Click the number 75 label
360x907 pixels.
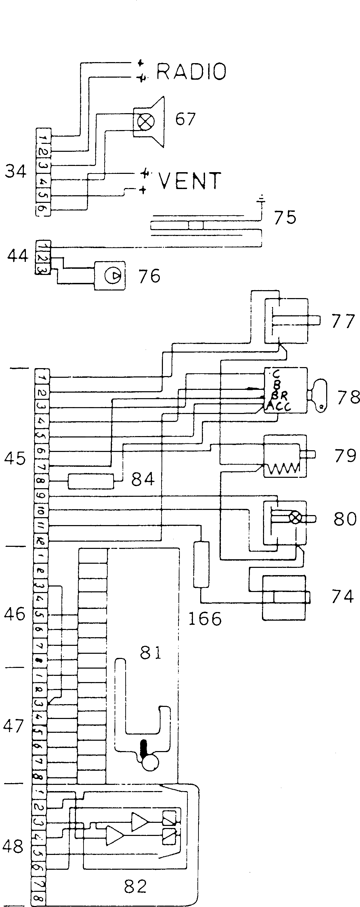tap(285, 217)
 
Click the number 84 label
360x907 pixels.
tap(143, 479)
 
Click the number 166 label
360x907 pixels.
tap(205, 619)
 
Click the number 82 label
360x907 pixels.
tap(135, 886)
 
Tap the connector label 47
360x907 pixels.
tap(14, 725)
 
